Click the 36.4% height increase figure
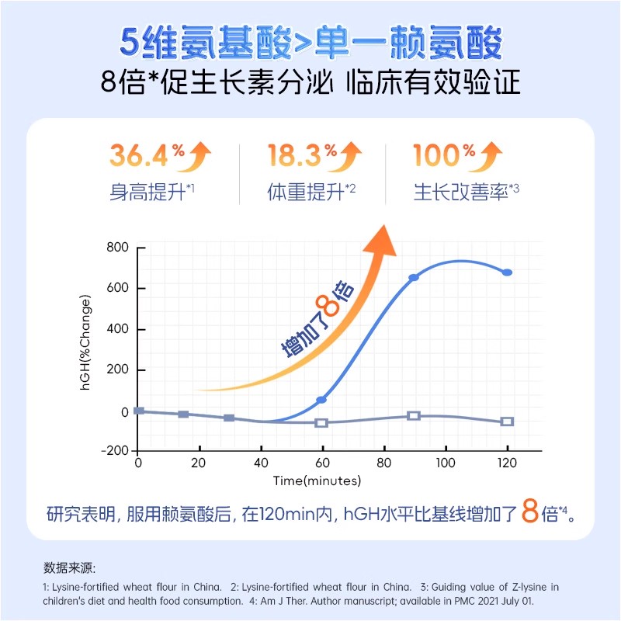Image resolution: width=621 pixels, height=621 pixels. [138, 156]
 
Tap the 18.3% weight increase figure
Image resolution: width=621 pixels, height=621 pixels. [295, 156]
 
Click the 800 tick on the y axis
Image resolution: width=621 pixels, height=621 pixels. [116, 248]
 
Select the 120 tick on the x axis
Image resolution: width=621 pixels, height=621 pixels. [507, 463]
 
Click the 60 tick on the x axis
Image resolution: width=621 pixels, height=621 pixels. [322, 463]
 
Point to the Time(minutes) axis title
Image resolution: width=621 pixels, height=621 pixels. [317, 481]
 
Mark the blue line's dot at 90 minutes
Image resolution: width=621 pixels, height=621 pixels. [414, 277]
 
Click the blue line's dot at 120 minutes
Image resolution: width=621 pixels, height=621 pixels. [507, 272]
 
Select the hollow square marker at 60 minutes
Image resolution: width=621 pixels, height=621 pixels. [321, 422]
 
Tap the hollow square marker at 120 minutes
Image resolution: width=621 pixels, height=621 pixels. [507, 422]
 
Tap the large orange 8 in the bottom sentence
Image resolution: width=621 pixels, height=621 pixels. [529, 513]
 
